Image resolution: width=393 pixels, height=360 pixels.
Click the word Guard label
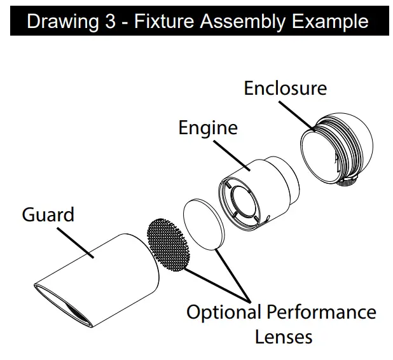pos(48,215)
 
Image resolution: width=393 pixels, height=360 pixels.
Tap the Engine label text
pos(207,127)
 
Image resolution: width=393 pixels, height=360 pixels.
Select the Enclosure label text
pos(285,88)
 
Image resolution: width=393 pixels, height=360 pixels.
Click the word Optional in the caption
pos(224,312)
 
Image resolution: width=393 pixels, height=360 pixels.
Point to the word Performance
pos(321,312)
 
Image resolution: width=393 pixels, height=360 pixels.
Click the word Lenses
pos(284,336)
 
